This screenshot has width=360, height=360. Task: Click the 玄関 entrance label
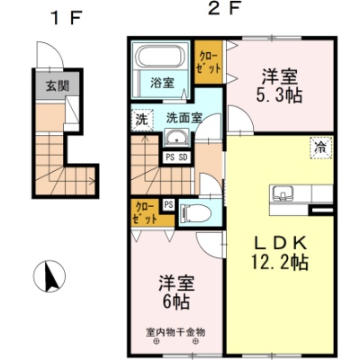(x=58, y=86)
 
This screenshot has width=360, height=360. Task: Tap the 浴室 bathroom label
(x=162, y=83)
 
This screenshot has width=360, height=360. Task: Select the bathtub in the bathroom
(x=160, y=56)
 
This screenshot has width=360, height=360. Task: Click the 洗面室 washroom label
(x=184, y=118)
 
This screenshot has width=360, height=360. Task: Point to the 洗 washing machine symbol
(x=142, y=120)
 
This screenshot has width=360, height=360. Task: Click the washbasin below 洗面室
(x=177, y=139)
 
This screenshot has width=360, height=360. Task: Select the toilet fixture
(x=195, y=213)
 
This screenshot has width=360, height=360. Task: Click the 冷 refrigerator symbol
(x=321, y=148)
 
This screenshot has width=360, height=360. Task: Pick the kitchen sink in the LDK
(x=283, y=193)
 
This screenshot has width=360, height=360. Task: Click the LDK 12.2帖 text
(x=280, y=253)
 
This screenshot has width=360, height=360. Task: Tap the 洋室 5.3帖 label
(x=279, y=86)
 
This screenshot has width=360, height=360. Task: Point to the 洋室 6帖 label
(x=176, y=292)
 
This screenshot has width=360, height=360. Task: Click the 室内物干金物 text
(x=175, y=332)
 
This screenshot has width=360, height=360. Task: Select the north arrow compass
(x=49, y=276)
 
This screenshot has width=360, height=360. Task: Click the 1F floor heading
(x=67, y=20)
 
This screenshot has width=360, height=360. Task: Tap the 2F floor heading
(x=224, y=10)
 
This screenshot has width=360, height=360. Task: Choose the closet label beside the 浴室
(x=209, y=62)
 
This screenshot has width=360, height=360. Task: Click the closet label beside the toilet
(x=146, y=212)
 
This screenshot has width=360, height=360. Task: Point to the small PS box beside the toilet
(x=168, y=205)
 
